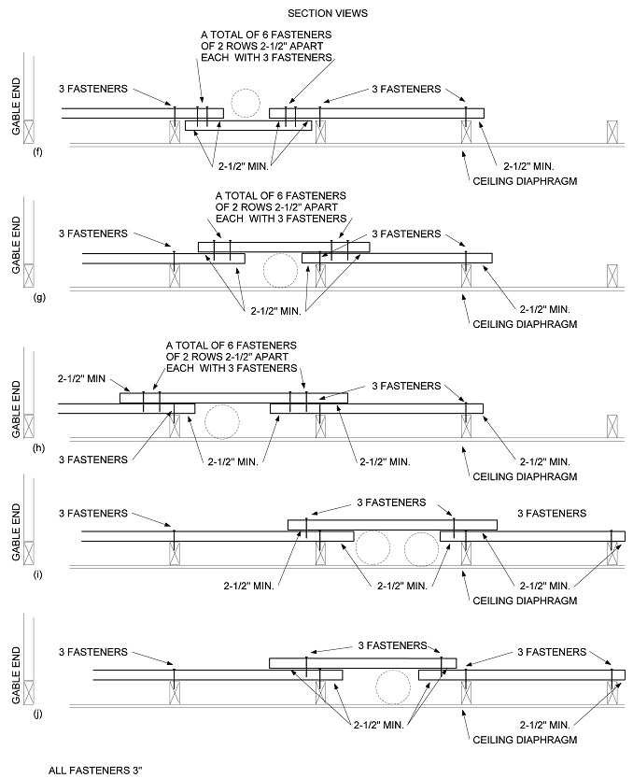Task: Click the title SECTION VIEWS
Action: pyautogui.click(x=328, y=13)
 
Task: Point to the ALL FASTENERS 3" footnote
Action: pyautogui.click(x=95, y=771)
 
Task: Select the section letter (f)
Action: pyautogui.click(x=37, y=152)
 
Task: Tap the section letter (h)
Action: pyautogui.click(x=38, y=448)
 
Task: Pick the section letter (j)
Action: pyautogui.click(x=37, y=714)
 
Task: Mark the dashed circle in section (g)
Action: pyautogui.click(x=280, y=271)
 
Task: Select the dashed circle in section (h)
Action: pyautogui.click(x=222, y=422)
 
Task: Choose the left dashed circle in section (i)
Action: pyautogui.click(x=373, y=548)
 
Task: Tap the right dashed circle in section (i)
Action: pyautogui.click(x=422, y=548)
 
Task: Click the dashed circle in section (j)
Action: pyautogui.click(x=393, y=687)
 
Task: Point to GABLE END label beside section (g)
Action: pyautogui.click(x=17, y=245)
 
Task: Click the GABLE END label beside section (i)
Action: pyautogui.click(x=17, y=532)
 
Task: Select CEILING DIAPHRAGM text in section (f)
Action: pyautogui.click(x=525, y=181)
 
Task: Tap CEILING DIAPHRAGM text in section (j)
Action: pyautogui.click(x=525, y=740)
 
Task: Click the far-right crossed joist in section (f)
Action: pyautogui.click(x=612, y=132)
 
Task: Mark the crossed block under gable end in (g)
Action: pyautogui.click(x=29, y=276)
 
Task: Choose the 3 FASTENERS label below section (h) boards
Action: pyautogui.click(x=93, y=460)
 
